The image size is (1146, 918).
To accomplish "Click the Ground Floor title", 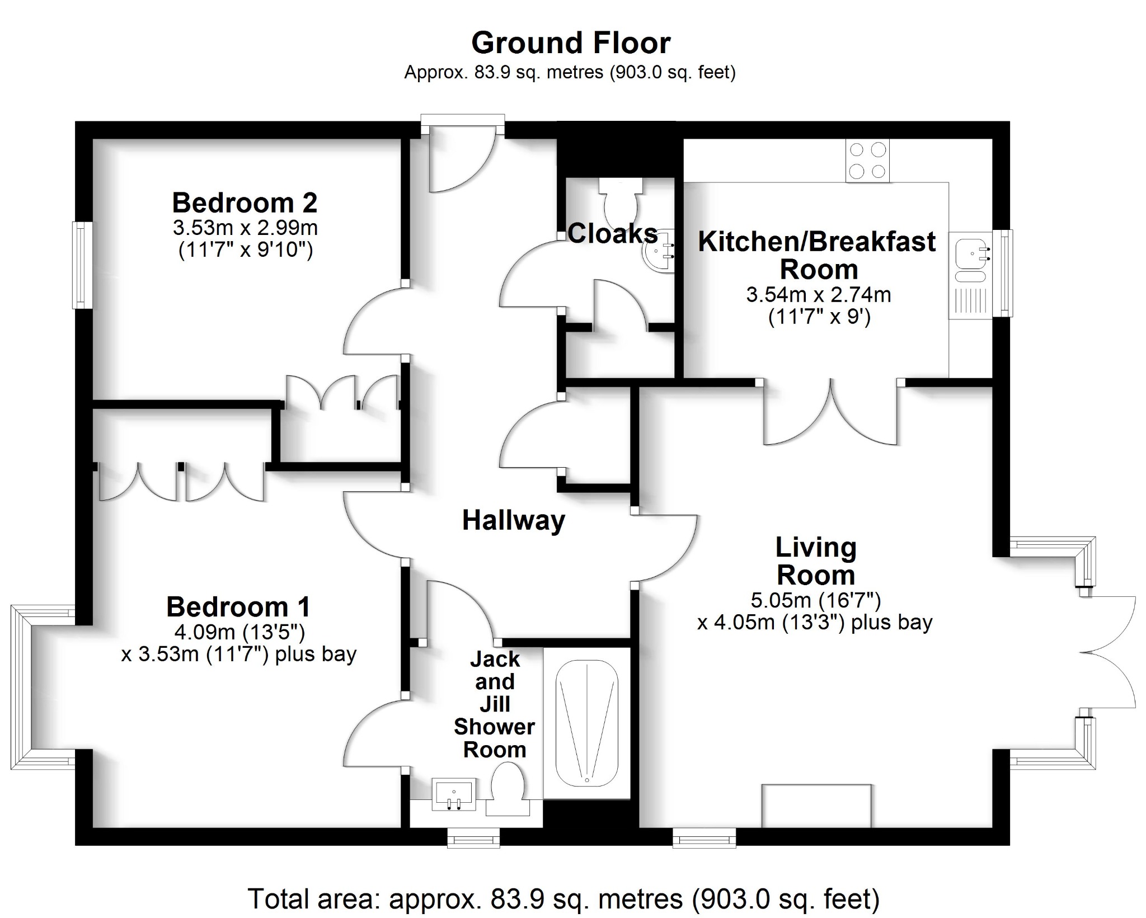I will [570, 43].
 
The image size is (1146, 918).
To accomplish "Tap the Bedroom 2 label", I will [245, 203].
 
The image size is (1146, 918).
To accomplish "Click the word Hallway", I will [513, 520].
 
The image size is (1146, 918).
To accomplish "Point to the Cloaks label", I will [612, 233].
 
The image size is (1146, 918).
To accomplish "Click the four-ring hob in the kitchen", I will [867, 160].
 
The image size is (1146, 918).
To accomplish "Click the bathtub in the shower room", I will [586, 723].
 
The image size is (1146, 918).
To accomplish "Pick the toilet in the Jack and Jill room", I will [507, 789].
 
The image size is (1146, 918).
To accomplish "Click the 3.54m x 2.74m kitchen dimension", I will [818, 295].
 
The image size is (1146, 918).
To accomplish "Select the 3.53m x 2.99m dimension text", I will [245, 228].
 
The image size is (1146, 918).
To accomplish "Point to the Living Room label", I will [815, 561].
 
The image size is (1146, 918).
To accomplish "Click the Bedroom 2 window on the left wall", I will [83, 265].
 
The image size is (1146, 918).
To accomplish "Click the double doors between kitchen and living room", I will [831, 414].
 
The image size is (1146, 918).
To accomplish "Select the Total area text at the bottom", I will [563, 899].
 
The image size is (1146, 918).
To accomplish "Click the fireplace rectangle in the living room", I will [816, 805].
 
